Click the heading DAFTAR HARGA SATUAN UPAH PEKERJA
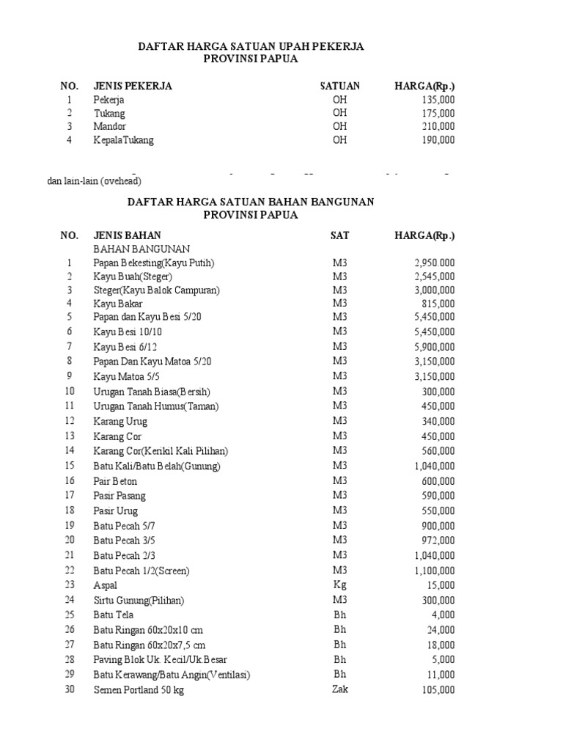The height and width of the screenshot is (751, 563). [251, 46]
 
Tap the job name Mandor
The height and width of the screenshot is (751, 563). [109, 126]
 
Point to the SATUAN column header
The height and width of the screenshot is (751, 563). [340, 86]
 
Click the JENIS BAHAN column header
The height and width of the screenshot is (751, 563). [128, 235]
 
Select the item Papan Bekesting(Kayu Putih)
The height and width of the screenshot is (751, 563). [154, 263]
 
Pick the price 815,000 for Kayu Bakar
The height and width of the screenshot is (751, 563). [438, 304]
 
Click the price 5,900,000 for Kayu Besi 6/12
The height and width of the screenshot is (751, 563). [435, 346]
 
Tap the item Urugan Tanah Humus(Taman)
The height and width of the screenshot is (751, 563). [156, 406]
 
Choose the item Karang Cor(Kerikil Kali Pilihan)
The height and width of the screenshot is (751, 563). [161, 450]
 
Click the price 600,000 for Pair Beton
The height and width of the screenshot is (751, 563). [438, 481]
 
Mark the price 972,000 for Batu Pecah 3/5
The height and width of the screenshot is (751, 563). [438, 541]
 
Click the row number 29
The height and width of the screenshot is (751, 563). [70, 674]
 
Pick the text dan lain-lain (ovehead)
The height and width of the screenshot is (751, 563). [94, 180]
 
